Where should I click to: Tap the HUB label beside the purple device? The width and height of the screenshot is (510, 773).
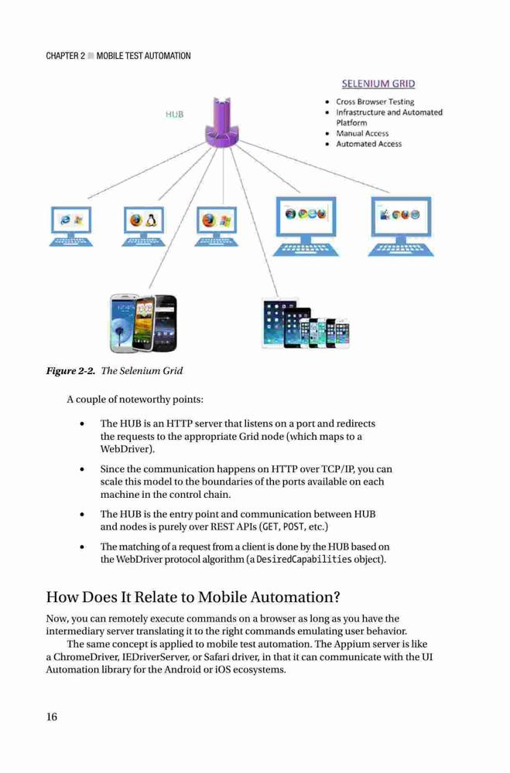[174, 114]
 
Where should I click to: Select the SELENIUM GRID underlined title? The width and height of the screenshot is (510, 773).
[378, 83]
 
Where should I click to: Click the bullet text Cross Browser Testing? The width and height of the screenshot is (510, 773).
[375, 101]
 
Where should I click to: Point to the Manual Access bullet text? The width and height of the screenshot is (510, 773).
[362, 133]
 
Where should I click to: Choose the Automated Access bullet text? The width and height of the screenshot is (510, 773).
[369, 144]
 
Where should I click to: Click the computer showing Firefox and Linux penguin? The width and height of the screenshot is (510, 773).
[144, 226]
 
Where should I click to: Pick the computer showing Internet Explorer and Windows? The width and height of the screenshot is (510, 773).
[71, 226]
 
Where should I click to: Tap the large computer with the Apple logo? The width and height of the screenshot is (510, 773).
[401, 226]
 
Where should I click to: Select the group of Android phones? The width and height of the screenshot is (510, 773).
[143, 323]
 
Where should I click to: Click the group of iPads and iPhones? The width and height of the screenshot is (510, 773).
[306, 323]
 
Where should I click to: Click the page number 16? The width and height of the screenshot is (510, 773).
[52, 717]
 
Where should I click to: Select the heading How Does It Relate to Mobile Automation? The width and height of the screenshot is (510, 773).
[193, 597]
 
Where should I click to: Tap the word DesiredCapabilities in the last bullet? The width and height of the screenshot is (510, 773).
[304, 560]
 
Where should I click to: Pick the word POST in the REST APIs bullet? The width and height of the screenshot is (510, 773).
[293, 527]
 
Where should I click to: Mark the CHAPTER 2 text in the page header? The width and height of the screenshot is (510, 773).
[66, 56]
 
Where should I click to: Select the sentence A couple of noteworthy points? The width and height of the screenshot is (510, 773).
[135, 400]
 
